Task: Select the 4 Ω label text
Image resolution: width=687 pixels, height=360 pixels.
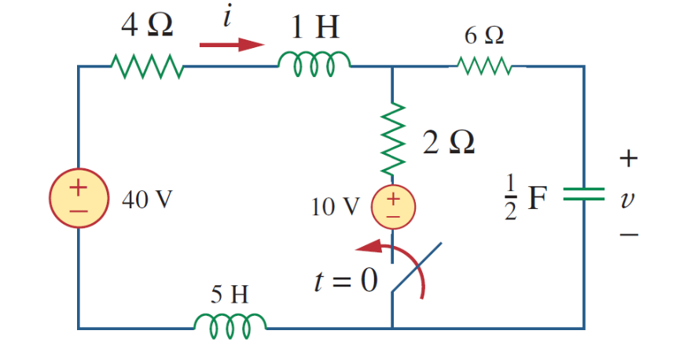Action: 147,27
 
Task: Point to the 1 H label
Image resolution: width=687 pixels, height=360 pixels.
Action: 314,28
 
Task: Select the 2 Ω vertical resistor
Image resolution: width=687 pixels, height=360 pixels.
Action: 392,138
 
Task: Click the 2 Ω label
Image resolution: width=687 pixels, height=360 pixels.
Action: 448,143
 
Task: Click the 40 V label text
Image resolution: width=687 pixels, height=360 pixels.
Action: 147,200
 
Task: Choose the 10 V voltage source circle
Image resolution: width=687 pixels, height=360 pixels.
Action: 392,206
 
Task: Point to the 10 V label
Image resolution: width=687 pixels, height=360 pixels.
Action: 335,208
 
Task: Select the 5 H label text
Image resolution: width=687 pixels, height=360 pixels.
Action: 230,295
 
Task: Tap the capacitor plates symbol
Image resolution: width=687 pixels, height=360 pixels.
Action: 583,194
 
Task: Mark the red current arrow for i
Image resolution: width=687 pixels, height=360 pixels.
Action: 231,45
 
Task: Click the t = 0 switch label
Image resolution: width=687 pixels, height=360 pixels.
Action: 346,280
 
